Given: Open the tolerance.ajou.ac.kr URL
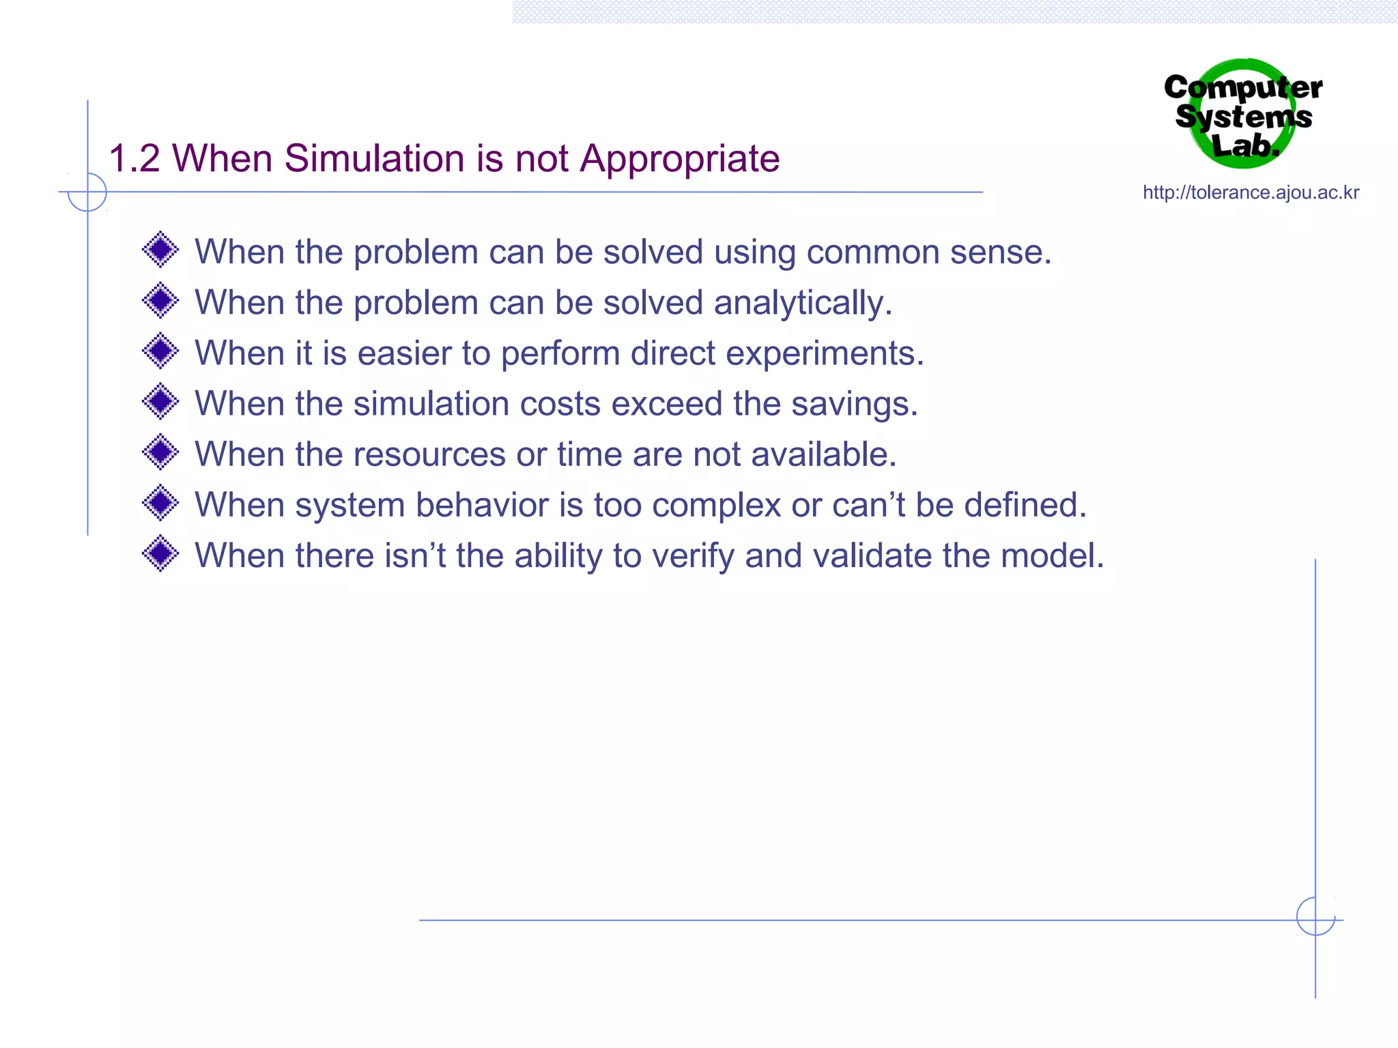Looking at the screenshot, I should pos(1251,193).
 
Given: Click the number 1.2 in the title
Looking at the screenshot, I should pos(134,159).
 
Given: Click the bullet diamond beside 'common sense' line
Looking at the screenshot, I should pos(160,250).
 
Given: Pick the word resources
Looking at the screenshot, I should pos(429,455).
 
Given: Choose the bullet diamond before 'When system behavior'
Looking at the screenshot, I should pos(160,503).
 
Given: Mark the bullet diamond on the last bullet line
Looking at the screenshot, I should pos(160,553).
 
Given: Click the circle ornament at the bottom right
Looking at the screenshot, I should pos(1315,916).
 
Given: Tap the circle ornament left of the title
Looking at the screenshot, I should pos(87,192).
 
